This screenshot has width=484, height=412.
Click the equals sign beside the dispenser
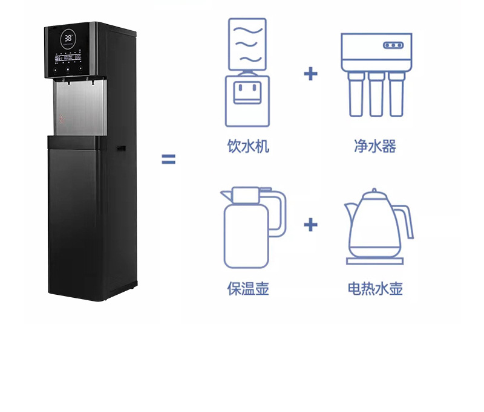pos(168,159)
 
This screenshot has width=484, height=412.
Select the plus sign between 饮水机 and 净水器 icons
pos(310,74)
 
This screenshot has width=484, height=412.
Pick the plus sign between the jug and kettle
pos(310,225)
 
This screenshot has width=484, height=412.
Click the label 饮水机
pos(247,146)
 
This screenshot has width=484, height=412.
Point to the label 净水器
pos(375,146)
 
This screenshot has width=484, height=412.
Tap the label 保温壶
pos(247,289)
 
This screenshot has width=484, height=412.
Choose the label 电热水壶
pos(375,289)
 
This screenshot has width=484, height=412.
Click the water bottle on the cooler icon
pos(247,43)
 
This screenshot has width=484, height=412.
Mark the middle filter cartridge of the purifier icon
pos(376,94)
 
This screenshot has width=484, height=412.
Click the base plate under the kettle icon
pos(375,261)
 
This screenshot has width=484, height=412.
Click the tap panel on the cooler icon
pos(247,91)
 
